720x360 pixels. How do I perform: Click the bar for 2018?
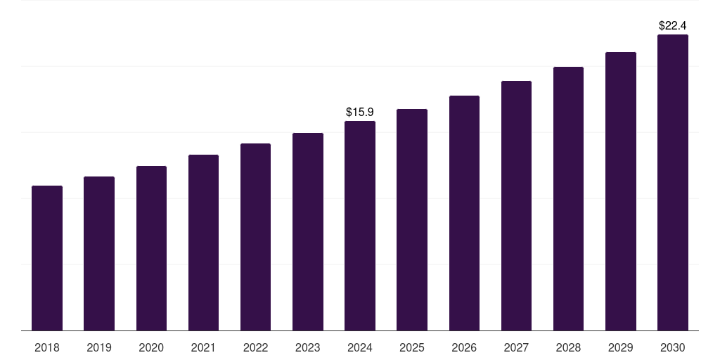coord(47,258)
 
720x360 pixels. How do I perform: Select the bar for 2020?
coord(151,248)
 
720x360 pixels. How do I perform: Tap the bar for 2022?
coord(255,237)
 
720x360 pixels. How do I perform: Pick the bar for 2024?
coord(360,226)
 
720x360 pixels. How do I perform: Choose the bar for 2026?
coord(464,213)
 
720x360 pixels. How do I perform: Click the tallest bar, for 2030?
coord(673,182)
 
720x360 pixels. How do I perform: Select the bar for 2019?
coord(99,253)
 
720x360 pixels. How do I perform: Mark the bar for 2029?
coord(621,191)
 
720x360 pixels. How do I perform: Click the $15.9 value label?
coord(360,112)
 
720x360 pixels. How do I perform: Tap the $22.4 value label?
coord(673,25)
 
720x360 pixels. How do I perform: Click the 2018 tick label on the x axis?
coord(47,347)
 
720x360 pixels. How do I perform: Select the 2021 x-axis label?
coord(203,347)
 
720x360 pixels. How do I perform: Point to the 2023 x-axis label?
coord(308,347)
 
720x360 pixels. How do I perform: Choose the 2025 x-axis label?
coord(412,347)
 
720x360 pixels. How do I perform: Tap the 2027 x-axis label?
coord(516,347)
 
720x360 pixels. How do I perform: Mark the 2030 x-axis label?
coord(673,347)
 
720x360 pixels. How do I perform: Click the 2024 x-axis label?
coord(360,347)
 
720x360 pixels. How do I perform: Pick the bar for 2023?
coord(308,231)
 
